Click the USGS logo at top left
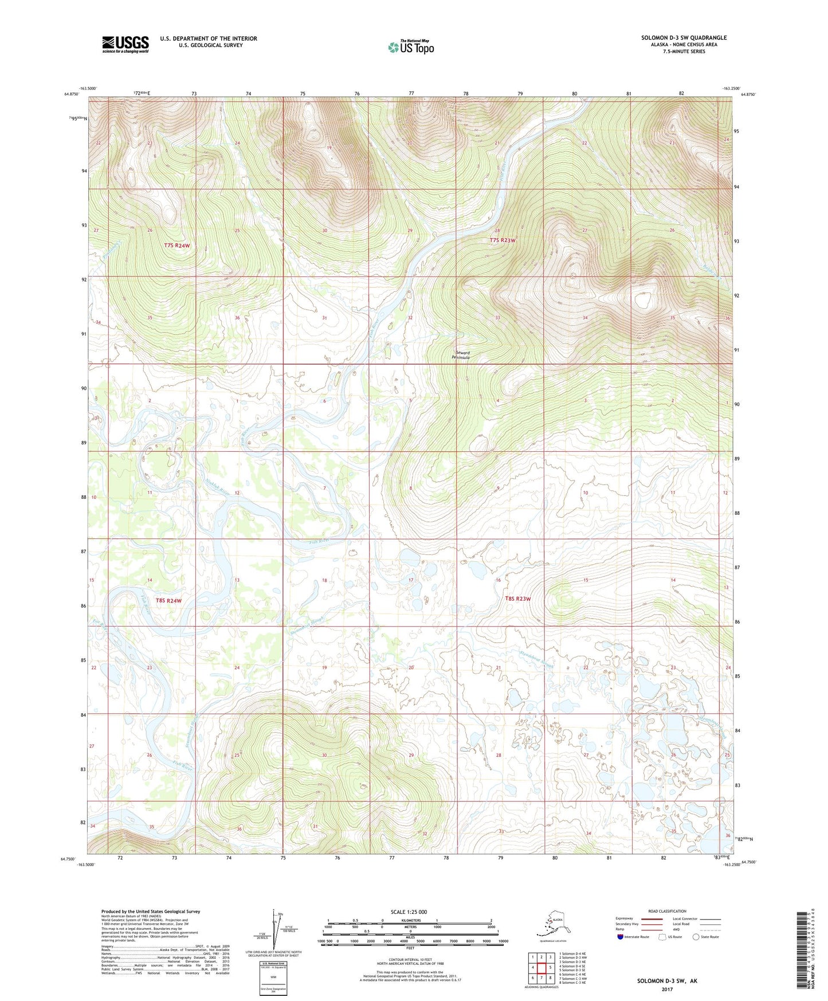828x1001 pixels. coord(125,44)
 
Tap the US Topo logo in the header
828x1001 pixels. coord(410,46)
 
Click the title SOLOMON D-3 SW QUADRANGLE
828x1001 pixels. coord(684,38)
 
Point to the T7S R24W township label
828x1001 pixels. coord(176,245)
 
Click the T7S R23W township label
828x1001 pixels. coord(502,240)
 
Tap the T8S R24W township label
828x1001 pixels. coord(168,601)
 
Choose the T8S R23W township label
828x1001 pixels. coord(517,599)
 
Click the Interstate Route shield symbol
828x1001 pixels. coord(621,937)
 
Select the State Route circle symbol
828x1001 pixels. coord(696,937)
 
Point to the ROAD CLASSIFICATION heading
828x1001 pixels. coord(667,911)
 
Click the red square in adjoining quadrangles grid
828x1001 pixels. coord(541,968)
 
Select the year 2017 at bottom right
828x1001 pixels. coord(667,990)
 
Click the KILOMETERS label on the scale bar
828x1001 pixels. coord(409,921)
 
